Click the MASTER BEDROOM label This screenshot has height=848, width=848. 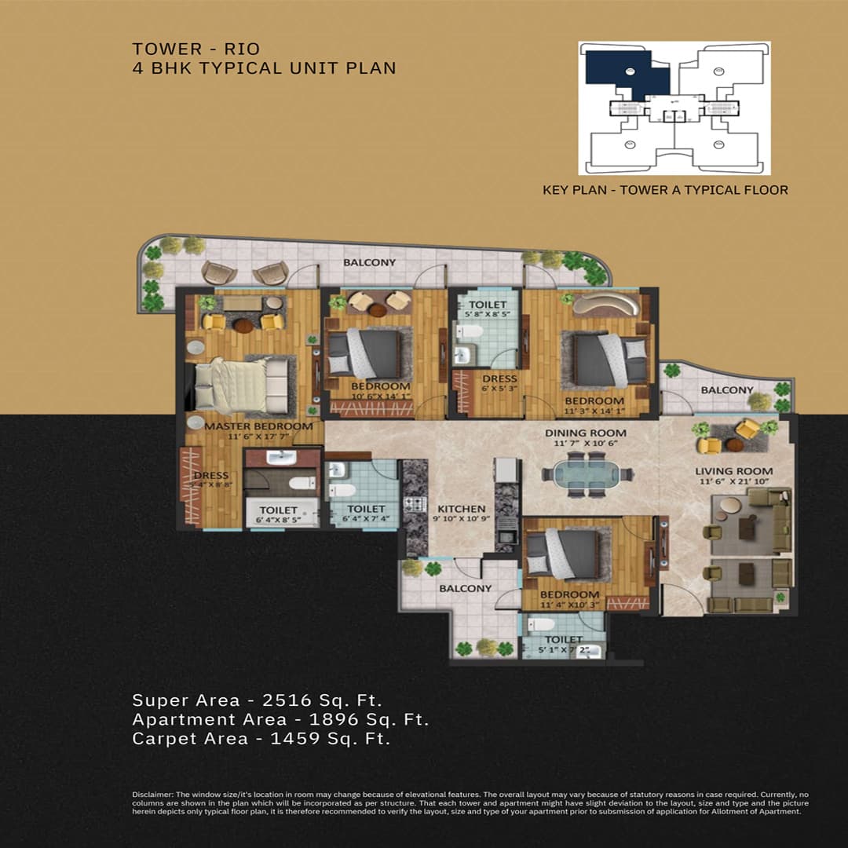click(258, 426)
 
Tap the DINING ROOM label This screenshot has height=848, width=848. click(587, 433)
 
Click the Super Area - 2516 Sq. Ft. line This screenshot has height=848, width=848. click(257, 700)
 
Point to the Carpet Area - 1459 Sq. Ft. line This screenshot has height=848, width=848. click(261, 738)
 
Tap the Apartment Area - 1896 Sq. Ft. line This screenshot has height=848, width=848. click(280, 719)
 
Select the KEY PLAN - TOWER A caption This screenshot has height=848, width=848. click(665, 189)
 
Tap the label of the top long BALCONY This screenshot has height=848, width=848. click(369, 262)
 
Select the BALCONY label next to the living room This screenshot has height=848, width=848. click(726, 390)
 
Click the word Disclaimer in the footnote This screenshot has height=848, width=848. click(150, 795)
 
